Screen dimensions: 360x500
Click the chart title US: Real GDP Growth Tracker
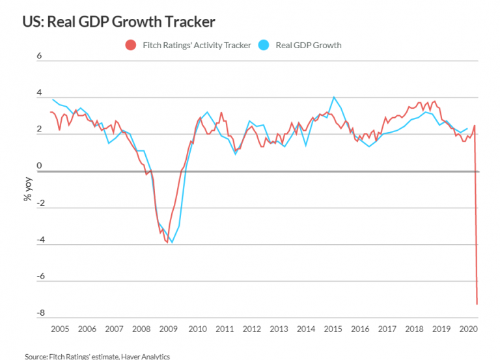[x=118, y=21]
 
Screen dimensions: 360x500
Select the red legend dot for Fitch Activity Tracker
[x=130, y=46]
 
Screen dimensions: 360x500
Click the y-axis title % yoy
[x=27, y=188]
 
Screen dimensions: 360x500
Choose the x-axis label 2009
[x=169, y=329]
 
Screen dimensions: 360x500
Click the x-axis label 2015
[x=333, y=329]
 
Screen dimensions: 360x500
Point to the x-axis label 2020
[x=469, y=329]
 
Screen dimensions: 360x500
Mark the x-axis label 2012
[x=251, y=329]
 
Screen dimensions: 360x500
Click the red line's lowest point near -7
[x=477, y=304]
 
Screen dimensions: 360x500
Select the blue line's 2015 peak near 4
[x=334, y=97]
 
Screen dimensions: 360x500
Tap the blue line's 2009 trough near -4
[x=172, y=242]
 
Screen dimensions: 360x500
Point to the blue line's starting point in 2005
[x=51, y=99]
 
